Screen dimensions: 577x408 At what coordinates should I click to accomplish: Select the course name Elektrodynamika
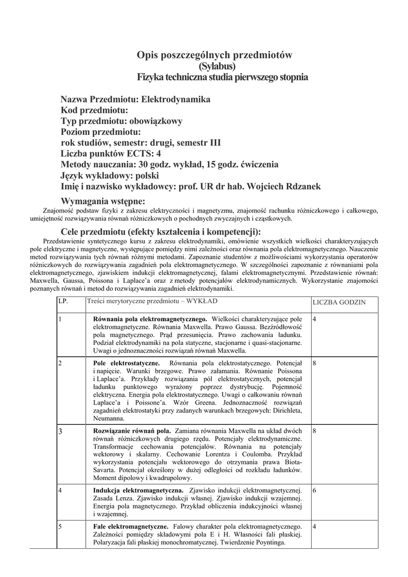click(x=175, y=99)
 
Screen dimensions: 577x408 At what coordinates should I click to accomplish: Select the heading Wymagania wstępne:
click(x=103, y=201)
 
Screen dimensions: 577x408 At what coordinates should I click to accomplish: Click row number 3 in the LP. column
click(x=61, y=431)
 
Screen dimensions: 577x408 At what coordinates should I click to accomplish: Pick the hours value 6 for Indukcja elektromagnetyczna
click(x=314, y=490)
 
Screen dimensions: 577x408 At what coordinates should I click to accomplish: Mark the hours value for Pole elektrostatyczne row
click(x=314, y=363)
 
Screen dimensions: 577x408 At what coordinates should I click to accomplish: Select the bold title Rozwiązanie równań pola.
click(x=132, y=430)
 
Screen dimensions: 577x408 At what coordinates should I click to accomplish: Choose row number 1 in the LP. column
click(x=60, y=319)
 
